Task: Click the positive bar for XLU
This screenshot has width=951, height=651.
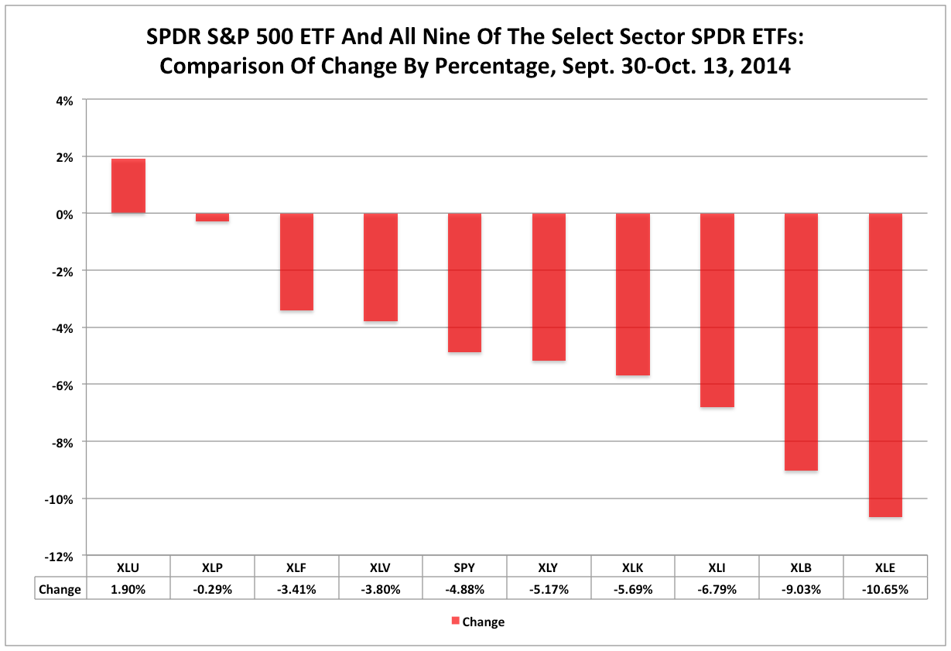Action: coord(128,186)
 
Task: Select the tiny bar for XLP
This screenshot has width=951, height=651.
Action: coord(212,218)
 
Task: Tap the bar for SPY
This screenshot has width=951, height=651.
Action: coord(464,283)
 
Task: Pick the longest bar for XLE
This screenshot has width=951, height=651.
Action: coord(884,365)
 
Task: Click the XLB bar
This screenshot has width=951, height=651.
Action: coord(801,341)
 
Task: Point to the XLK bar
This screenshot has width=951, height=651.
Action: coord(632,294)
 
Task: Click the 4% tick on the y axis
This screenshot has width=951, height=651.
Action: coord(63,100)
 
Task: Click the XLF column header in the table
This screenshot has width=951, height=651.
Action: coord(296,567)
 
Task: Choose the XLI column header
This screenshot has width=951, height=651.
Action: coord(717,567)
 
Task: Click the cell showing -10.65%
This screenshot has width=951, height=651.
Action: coord(884,589)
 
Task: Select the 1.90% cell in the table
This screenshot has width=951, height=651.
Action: coord(128,589)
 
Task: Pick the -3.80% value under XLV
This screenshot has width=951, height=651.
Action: coord(381,589)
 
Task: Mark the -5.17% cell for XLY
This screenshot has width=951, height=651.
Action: coord(549,589)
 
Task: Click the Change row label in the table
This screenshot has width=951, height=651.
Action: coord(60,589)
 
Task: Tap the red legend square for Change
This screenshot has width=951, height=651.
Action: coord(456,621)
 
